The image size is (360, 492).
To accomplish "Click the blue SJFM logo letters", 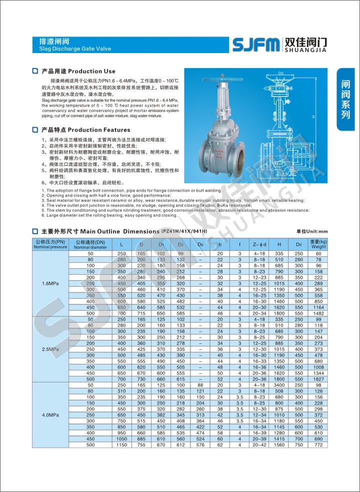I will point(256,45).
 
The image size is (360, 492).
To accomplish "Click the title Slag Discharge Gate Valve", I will point(74,49).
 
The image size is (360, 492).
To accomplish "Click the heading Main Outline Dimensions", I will point(119,231).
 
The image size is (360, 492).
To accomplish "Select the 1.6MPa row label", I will point(50,283).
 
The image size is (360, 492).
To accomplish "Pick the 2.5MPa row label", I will point(50,349).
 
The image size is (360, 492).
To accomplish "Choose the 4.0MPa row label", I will point(50,415).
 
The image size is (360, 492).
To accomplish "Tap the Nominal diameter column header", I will point(90,244).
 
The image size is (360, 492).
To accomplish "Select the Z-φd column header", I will point(259,244).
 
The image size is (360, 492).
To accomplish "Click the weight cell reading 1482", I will point(318,313).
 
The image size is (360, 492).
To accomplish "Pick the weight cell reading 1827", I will point(318,379).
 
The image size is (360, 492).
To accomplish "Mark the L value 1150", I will point(122,444).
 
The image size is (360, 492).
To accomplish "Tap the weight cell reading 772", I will point(318,444).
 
